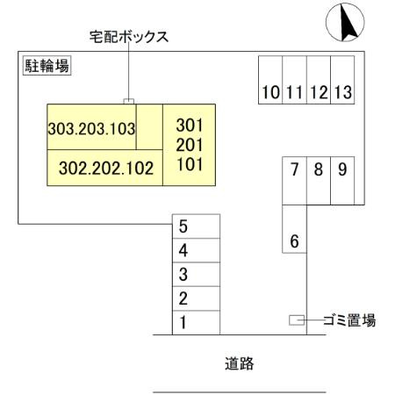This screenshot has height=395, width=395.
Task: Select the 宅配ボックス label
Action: click(x=129, y=38)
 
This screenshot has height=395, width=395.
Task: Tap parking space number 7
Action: click(x=294, y=169)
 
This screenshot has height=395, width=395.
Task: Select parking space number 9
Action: click(x=341, y=169)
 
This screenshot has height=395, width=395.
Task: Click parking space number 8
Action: click(x=318, y=169)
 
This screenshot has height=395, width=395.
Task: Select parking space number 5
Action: click(x=183, y=226)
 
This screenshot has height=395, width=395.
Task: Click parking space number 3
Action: click(x=183, y=275)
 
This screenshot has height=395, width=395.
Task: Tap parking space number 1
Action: click(x=183, y=323)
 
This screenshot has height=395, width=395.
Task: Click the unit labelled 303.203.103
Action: click(x=91, y=129)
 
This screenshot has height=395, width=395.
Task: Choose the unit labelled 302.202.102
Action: click(x=106, y=166)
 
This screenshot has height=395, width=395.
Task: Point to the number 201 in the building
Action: click(x=190, y=143)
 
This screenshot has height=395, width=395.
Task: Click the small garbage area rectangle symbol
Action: click(x=297, y=321)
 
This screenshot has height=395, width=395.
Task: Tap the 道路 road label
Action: click(x=238, y=363)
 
